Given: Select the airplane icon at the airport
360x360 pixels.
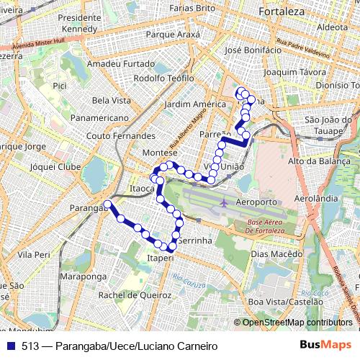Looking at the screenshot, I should click(225, 202).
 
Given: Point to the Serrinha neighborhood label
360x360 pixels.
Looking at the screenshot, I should click(195, 240).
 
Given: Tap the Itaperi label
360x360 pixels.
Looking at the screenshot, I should click(160, 257).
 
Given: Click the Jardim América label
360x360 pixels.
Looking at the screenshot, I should click(195, 104).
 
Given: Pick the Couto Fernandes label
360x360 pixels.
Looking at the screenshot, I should click(120, 135).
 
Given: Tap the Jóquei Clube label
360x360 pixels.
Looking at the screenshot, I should click(55, 166).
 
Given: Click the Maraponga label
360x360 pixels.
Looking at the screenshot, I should click(84, 276).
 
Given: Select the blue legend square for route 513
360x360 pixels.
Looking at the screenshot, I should click(11, 346).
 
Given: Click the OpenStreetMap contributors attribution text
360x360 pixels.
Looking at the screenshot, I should click(297, 323).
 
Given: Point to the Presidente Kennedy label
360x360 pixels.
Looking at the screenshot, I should click(80, 22).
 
